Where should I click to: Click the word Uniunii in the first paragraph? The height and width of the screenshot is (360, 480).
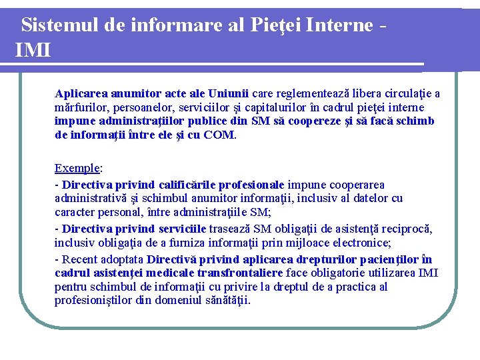click(229, 93)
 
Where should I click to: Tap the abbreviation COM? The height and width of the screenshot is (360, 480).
click(219, 135)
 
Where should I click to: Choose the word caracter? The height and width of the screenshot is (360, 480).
click(76, 212)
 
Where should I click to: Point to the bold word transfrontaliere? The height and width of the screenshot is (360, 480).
click(241, 273)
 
